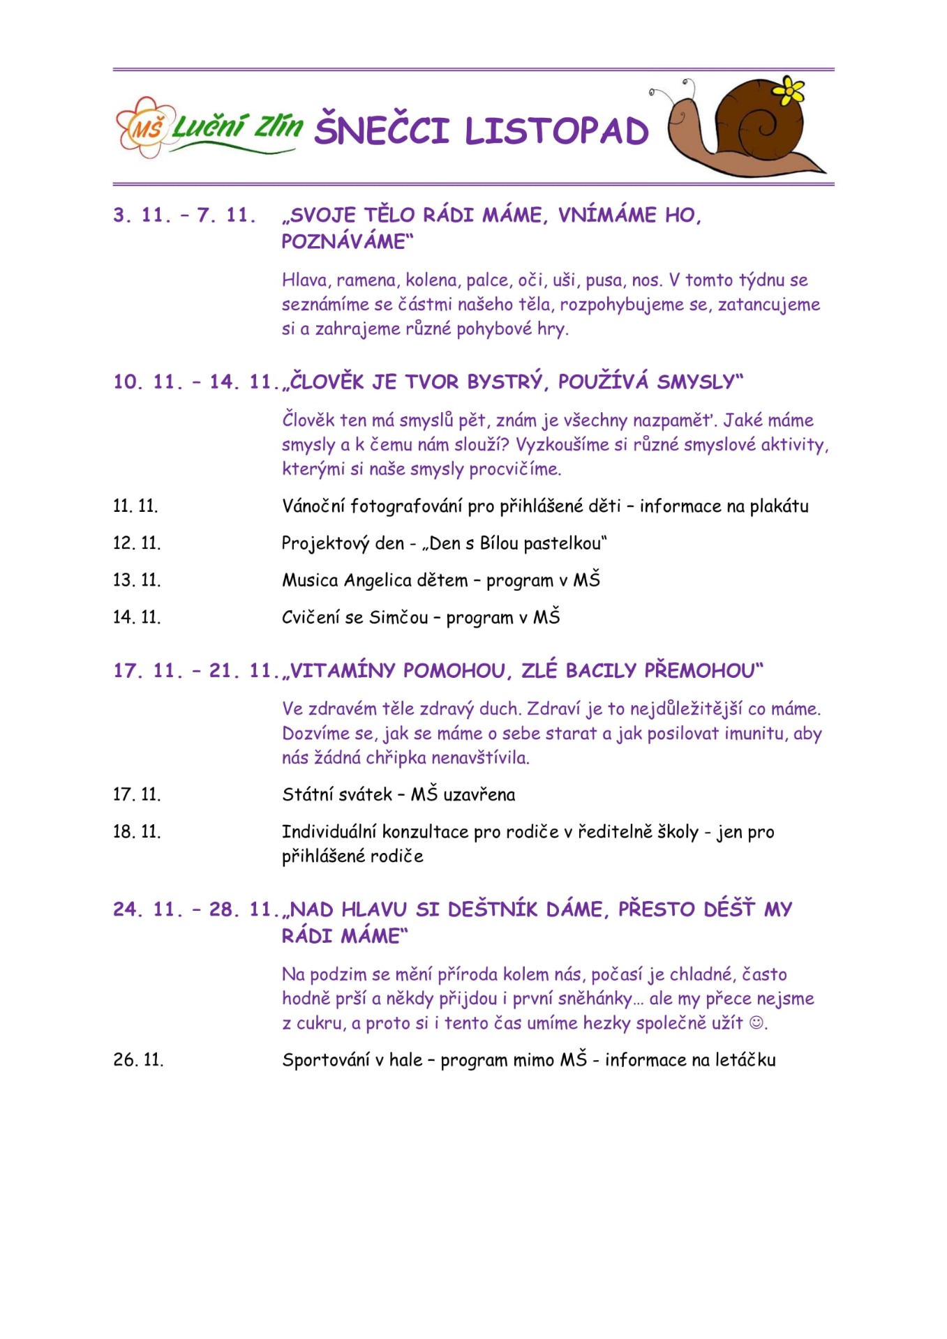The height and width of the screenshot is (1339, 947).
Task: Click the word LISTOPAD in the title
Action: (x=556, y=131)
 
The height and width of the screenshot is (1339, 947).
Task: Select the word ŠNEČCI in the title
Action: (x=381, y=130)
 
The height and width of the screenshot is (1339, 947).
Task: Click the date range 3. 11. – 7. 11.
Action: (x=184, y=215)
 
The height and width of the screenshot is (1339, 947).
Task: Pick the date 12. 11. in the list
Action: (x=137, y=543)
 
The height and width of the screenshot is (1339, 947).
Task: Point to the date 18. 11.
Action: (x=137, y=832)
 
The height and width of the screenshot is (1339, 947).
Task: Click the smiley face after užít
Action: (x=756, y=1023)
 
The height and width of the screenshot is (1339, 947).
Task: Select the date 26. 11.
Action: (x=138, y=1060)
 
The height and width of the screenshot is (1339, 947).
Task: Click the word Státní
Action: (x=305, y=794)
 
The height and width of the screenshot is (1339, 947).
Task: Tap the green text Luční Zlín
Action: (x=237, y=127)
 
